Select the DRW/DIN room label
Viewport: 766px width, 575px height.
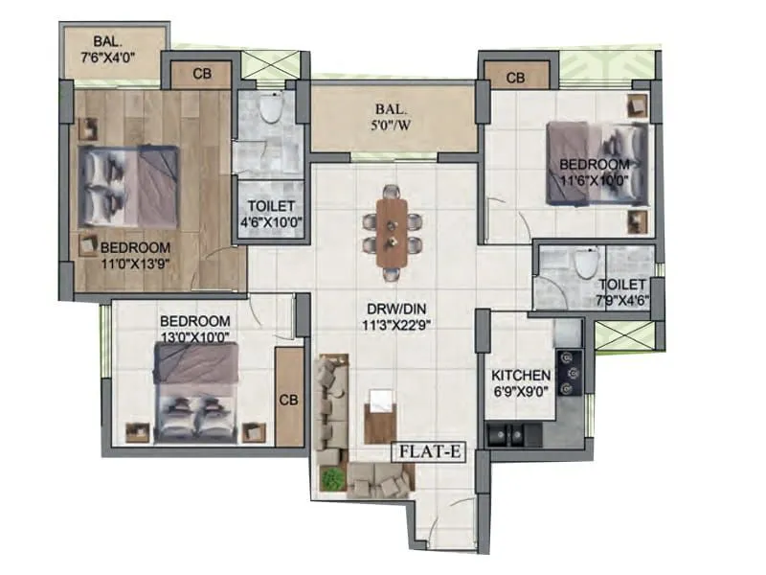394,315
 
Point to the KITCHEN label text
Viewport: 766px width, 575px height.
520,376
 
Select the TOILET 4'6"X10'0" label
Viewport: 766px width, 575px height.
271,213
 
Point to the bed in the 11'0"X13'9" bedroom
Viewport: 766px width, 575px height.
129,186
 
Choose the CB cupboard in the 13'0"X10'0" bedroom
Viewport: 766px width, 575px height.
289,399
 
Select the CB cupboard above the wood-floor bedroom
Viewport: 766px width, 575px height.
201,74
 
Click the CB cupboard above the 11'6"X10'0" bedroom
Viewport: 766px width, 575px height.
515,77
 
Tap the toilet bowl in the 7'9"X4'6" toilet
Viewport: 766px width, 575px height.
586,261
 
